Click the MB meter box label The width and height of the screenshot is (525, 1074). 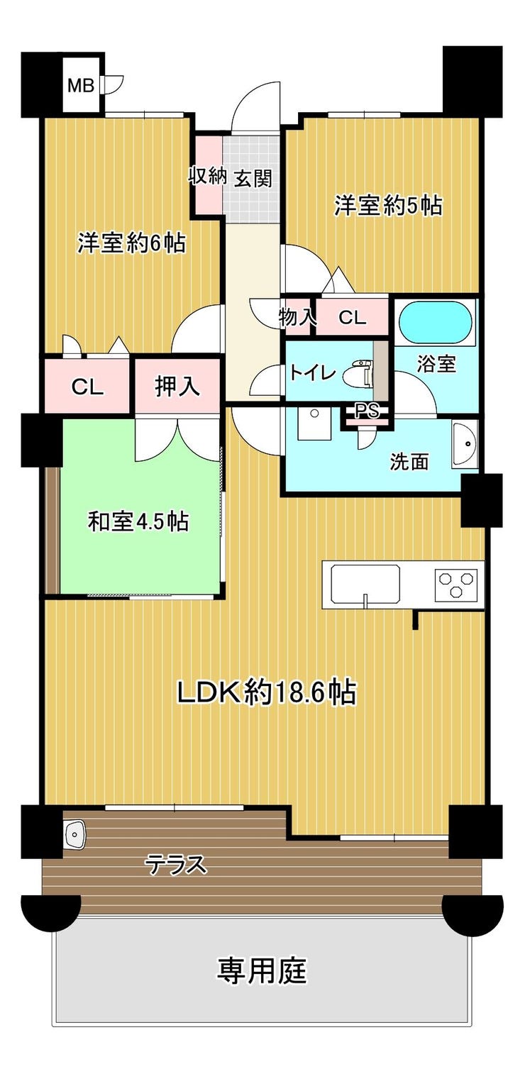(x=80, y=86)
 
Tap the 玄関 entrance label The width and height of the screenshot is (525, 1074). (x=253, y=178)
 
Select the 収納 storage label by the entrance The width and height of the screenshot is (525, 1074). (x=206, y=176)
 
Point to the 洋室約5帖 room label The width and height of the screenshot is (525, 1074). (x=387, y=206)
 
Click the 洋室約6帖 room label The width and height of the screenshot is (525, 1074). (x=131, y=243)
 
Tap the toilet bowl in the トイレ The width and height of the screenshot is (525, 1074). (x=358, y=372)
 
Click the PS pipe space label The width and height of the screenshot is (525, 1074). (x=367, y=410)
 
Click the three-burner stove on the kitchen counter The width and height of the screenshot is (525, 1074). (x=456, y=585)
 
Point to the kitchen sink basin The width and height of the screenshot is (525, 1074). (x=366, y=585)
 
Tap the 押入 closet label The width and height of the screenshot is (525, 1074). (x=177, y=386)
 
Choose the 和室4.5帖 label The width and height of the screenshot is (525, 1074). (x=138, y=521)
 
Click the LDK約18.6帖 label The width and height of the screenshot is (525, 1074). (x=267, y=692)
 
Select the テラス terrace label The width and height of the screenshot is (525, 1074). (x=176, y=865)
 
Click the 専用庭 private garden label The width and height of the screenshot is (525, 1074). (x=262, y=970)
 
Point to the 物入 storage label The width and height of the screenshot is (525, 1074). (x=297, y=317)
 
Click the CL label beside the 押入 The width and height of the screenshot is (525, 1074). (x=87, y=387)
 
